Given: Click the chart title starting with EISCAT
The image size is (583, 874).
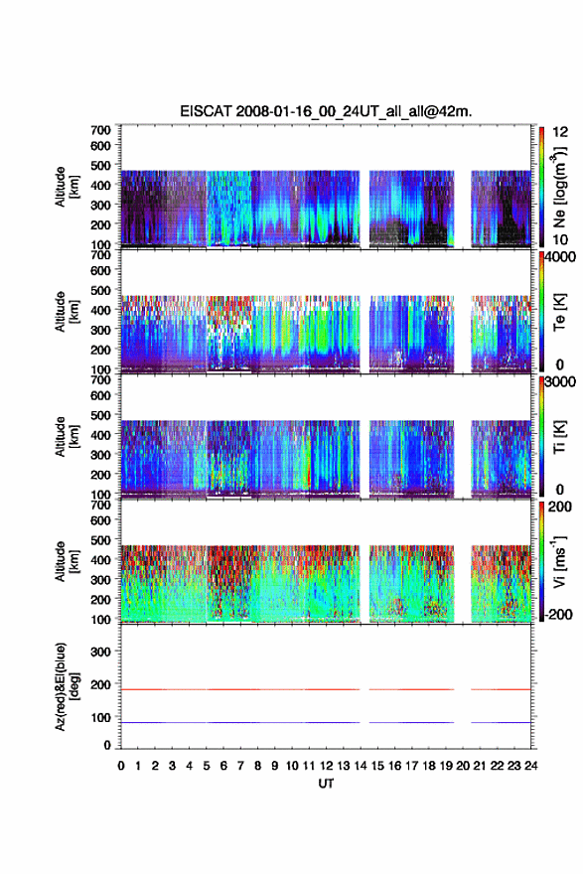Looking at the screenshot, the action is (x=326, y=111).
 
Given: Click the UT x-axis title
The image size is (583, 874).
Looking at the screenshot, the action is (x=326, y=784).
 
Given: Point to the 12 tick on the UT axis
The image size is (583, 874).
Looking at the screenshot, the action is (x=326, y=766).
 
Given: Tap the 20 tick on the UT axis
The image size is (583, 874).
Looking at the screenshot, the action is (x=463, y=766).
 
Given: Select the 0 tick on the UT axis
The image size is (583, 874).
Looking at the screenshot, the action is (x=121, y=766).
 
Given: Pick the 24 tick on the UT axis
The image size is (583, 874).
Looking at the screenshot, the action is (x=530, y=766).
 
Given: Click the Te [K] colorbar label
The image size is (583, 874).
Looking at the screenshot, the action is (x=559, y=312).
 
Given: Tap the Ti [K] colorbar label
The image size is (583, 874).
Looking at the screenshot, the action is (x=559, y=437).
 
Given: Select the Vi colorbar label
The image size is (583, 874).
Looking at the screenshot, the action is (x=559, y=561).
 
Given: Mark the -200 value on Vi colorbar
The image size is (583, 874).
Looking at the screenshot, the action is (x=558, y=614).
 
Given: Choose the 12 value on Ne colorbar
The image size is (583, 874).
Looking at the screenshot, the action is (x=560, y=132).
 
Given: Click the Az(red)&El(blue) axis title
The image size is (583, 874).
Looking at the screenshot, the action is (x=67, y=686).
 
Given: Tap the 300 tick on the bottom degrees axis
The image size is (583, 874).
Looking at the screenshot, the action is (x=100, y=652).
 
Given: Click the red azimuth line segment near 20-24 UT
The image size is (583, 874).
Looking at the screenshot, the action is (x=501, y=689).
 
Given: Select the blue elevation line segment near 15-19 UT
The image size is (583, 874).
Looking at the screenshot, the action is (x=411, y=722).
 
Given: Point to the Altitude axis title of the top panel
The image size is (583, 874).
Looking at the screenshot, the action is (x=67, y=187).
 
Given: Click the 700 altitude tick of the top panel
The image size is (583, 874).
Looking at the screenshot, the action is (x=100, y=130).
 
